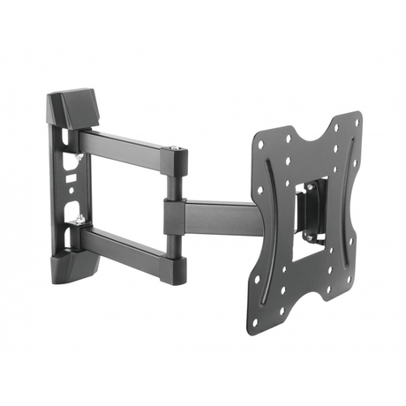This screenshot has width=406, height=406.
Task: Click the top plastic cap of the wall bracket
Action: tap(77, 105)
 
